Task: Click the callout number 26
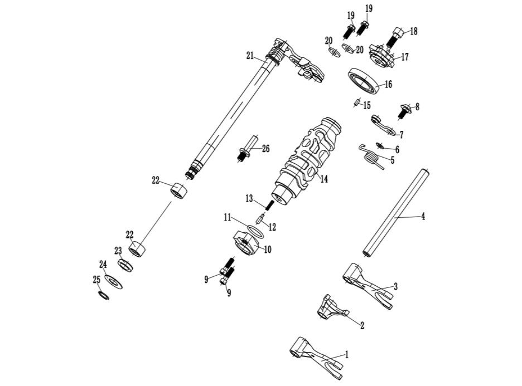pos(265,148)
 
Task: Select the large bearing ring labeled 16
pos(364,81)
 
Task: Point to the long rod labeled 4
pos(397,213)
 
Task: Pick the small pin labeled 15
pos(356,104)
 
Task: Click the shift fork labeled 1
pos(316,358)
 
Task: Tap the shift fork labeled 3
pos(368,285)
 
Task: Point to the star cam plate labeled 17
pos(381,57)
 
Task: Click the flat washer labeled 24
pos(114,282)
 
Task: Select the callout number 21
pos(250,56)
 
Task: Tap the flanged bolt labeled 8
pos(405,111)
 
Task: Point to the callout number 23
pos(118,251)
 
